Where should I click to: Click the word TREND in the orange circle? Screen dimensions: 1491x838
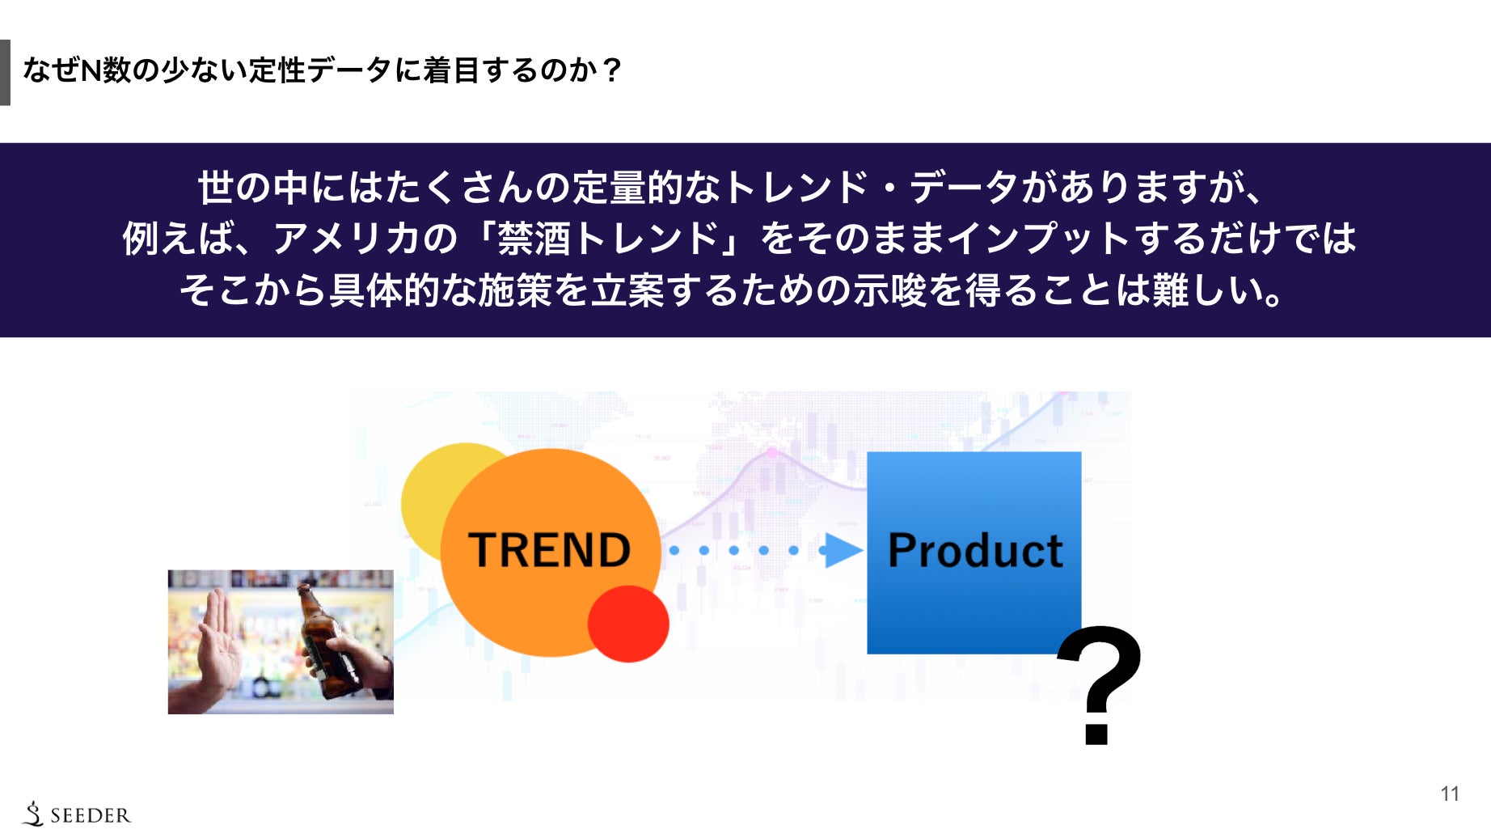549,550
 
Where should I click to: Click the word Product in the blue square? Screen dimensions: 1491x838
975,551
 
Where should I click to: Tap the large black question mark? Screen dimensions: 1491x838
1100,684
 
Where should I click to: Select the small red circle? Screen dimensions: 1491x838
628,624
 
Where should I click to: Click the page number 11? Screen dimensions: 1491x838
1450,794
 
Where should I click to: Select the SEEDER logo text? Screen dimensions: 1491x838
90,815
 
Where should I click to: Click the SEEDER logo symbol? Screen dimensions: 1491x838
33,814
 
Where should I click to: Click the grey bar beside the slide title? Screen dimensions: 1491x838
5,72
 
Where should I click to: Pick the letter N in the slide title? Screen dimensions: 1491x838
91,70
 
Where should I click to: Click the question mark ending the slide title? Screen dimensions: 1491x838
611,70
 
